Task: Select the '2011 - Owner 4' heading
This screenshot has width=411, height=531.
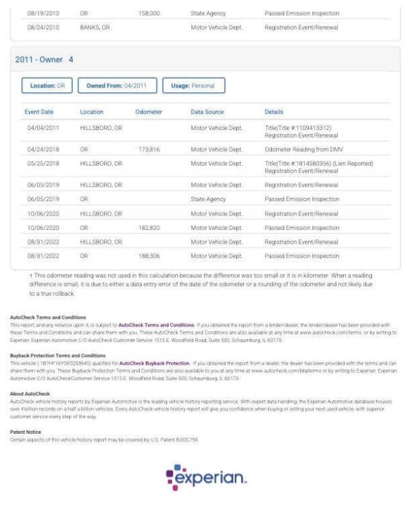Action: pyautogui.click(x=44, y=60)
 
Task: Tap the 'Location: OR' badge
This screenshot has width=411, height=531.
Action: pyautogui.click(x=47, y=86)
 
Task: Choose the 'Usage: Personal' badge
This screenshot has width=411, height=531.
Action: pyautogui.click(x=193, y=86)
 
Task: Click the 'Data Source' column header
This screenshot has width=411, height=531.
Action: pyautogui.click(x=208, y=112)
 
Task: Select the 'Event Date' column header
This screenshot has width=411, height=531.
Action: pyautogui.click(x=40, y=112)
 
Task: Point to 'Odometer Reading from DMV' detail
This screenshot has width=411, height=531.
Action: pyautogui.click(x=303, y=148)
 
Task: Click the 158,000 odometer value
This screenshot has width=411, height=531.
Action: pyautogui.click(x=149, y=13)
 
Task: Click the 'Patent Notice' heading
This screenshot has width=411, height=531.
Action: pyautogui.click(x=25, y=432)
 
